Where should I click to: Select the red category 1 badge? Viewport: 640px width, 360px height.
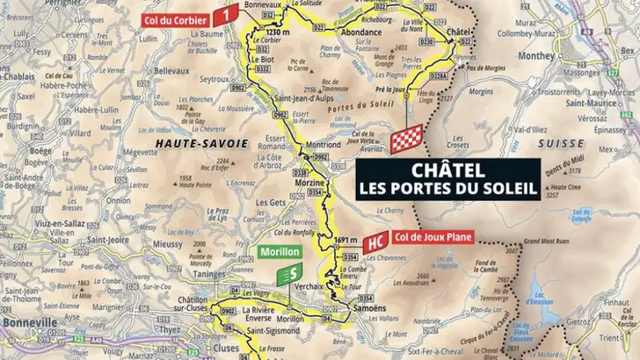point(228,14)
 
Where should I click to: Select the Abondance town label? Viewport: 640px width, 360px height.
point(360,32)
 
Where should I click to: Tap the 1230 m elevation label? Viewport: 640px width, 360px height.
point(253,32)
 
